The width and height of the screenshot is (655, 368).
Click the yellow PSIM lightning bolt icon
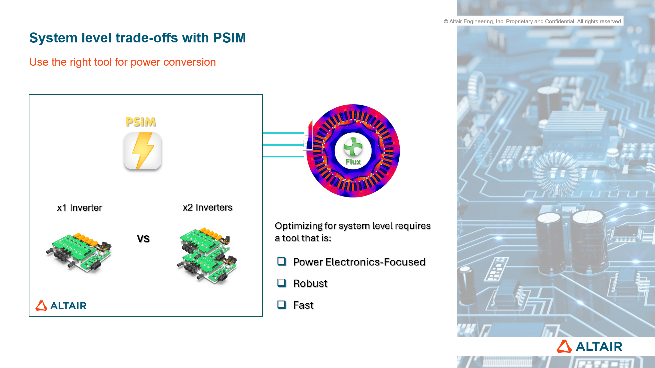(143, 151)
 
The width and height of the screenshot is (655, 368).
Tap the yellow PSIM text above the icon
(140, 122)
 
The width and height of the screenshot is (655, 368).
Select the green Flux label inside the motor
(353, 162)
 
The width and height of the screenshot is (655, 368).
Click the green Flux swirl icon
(353, 146)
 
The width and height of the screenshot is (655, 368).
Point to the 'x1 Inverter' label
(79, 208)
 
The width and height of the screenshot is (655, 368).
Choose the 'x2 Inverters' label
(208, 207)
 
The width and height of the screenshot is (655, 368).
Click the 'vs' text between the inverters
(143, 239)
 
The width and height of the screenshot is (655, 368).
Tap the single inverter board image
(79, 251)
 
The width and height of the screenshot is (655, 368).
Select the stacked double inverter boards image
(207, 254)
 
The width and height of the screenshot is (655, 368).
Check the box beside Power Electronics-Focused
(281, 261)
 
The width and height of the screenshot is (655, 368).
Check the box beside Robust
(281, 283)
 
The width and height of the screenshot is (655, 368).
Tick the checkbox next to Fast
(281, 304)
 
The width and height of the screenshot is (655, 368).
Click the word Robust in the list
(310, 283)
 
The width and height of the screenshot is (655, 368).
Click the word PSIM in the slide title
(230, 38)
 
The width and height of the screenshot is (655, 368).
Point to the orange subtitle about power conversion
(123, 62)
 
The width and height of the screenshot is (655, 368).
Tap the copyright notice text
(533, 21)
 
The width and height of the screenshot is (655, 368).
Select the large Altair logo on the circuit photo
(589, 347)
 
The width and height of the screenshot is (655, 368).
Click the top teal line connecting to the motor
(283, 133)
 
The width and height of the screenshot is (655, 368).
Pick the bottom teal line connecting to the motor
(283, 156)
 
